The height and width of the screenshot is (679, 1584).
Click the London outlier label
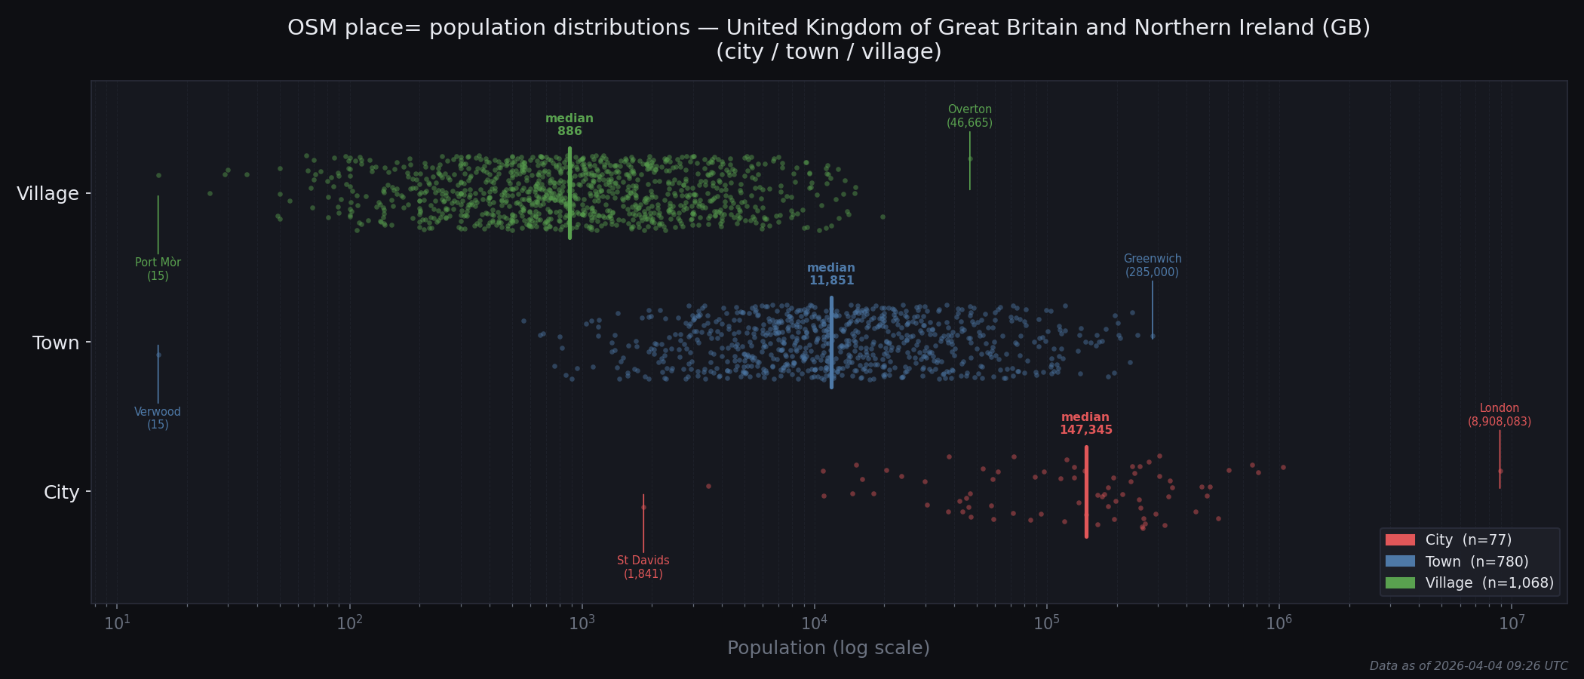click(1499, 415)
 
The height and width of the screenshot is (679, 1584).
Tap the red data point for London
click(1500, 471)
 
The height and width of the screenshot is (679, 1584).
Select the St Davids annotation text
click(643, 567)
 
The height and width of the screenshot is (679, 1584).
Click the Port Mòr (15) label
click(158, 269)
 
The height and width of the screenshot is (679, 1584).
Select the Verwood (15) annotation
click(158, 418)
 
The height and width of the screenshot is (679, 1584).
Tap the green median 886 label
click(569, 124)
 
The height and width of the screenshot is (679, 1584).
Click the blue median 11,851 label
click(831, 274)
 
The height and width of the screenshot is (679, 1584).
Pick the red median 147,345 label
click(1085, 423)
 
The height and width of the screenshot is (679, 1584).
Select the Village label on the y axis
click(48, 194)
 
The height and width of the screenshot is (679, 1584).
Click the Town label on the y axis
click(56, 343)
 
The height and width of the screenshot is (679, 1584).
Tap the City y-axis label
click(61, 493)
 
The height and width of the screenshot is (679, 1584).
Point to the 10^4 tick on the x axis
click(814, 623)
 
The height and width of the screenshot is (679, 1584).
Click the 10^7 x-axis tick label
click(1511, 623)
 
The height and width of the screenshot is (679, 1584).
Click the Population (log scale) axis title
click(828, 648)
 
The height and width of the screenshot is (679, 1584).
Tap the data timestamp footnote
click(1468, 665)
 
